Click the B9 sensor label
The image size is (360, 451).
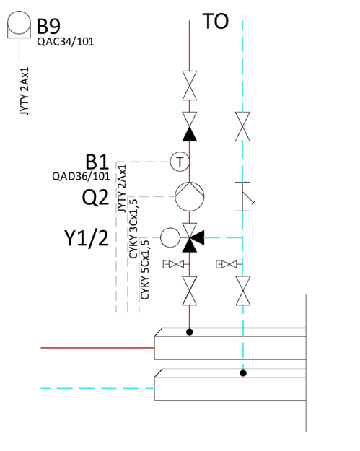(48, 26)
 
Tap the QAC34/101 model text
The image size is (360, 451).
(66, 42)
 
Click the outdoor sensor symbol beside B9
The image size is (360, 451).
(19, 25)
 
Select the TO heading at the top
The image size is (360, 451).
(216, 21)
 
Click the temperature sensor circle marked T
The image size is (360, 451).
(180, 162)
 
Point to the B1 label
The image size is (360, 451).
(97, 162)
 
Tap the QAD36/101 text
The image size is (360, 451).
(81, 176)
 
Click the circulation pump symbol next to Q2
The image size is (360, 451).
(190, 196)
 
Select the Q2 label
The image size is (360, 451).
(95, 197)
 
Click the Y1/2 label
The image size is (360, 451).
(87, 238)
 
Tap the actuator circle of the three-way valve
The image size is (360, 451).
(170, 237)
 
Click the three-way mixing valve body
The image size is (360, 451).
(191, 237)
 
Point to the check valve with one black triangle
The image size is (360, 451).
(190, 126)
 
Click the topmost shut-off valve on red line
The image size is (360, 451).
(190, 85)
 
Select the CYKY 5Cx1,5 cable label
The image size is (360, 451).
(144, 269)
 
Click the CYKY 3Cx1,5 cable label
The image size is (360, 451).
(133, 229)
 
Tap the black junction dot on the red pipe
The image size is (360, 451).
(190, 332)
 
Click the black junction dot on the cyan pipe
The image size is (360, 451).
(243, 373)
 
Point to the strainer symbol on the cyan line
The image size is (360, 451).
(245, 196)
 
